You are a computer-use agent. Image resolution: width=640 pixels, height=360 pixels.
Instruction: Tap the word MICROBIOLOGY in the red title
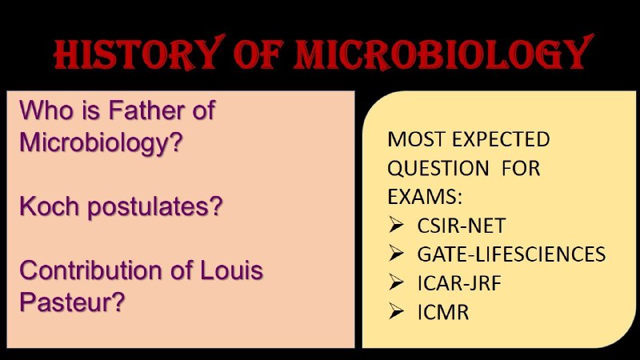[444, 53]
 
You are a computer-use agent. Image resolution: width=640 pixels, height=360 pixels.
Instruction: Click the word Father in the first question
[145, 110]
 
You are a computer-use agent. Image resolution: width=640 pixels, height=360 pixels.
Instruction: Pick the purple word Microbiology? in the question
[101, 143]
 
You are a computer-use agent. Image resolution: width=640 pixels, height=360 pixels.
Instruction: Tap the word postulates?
[155, 207]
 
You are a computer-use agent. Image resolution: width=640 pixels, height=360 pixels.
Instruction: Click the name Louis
[231, 270]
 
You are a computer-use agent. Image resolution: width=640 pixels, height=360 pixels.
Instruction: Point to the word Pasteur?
[72, 302]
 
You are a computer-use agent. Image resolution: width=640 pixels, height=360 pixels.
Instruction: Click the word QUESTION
[438, 169]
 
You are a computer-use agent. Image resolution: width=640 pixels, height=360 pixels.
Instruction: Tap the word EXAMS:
[425, 197]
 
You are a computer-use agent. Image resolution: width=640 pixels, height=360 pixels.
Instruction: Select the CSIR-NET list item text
[462, 226]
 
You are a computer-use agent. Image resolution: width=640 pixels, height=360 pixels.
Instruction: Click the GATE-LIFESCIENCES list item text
[511, 254]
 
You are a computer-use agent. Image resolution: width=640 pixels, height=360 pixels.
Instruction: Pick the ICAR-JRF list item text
[459, 283]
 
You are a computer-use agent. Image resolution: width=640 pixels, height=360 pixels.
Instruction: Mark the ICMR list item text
[443, 312]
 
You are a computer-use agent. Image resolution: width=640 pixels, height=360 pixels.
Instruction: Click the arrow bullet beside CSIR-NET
[396, 225]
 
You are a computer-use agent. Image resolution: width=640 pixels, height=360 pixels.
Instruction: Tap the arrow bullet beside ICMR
[396, 311]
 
